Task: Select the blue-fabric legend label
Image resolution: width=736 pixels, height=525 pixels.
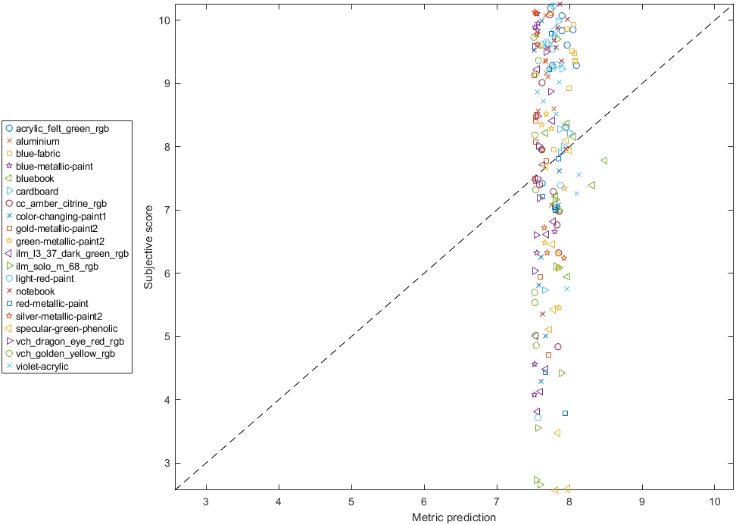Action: tap(38, 154)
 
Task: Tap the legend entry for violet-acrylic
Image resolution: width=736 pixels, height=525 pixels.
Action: tap(42, 367)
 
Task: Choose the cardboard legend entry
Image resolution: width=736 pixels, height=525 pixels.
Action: tap(37, 192)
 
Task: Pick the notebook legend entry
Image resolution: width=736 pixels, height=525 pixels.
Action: tap(35, 291)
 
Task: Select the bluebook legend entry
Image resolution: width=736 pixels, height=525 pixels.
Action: tap(35, 179)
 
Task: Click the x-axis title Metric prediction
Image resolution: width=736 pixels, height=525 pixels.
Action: tap(454, 517)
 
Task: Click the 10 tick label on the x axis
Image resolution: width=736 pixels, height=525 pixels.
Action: tap(715, 502)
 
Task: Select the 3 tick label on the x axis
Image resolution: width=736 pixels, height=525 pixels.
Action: tap(207, 502)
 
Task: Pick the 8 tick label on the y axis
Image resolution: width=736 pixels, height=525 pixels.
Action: tap(166, 146)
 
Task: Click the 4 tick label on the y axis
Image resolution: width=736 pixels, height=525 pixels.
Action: tap(166, 399)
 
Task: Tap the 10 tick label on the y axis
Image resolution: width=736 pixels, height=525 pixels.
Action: tap(163, 20)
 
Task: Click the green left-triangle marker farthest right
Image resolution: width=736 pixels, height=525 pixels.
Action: tap(603, 160)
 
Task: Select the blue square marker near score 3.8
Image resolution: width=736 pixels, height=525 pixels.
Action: tap(565, 413)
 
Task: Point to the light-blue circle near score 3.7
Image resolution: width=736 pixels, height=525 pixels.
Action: tap(538, 417)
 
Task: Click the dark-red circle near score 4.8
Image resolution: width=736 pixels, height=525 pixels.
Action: tap(557, 346)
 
